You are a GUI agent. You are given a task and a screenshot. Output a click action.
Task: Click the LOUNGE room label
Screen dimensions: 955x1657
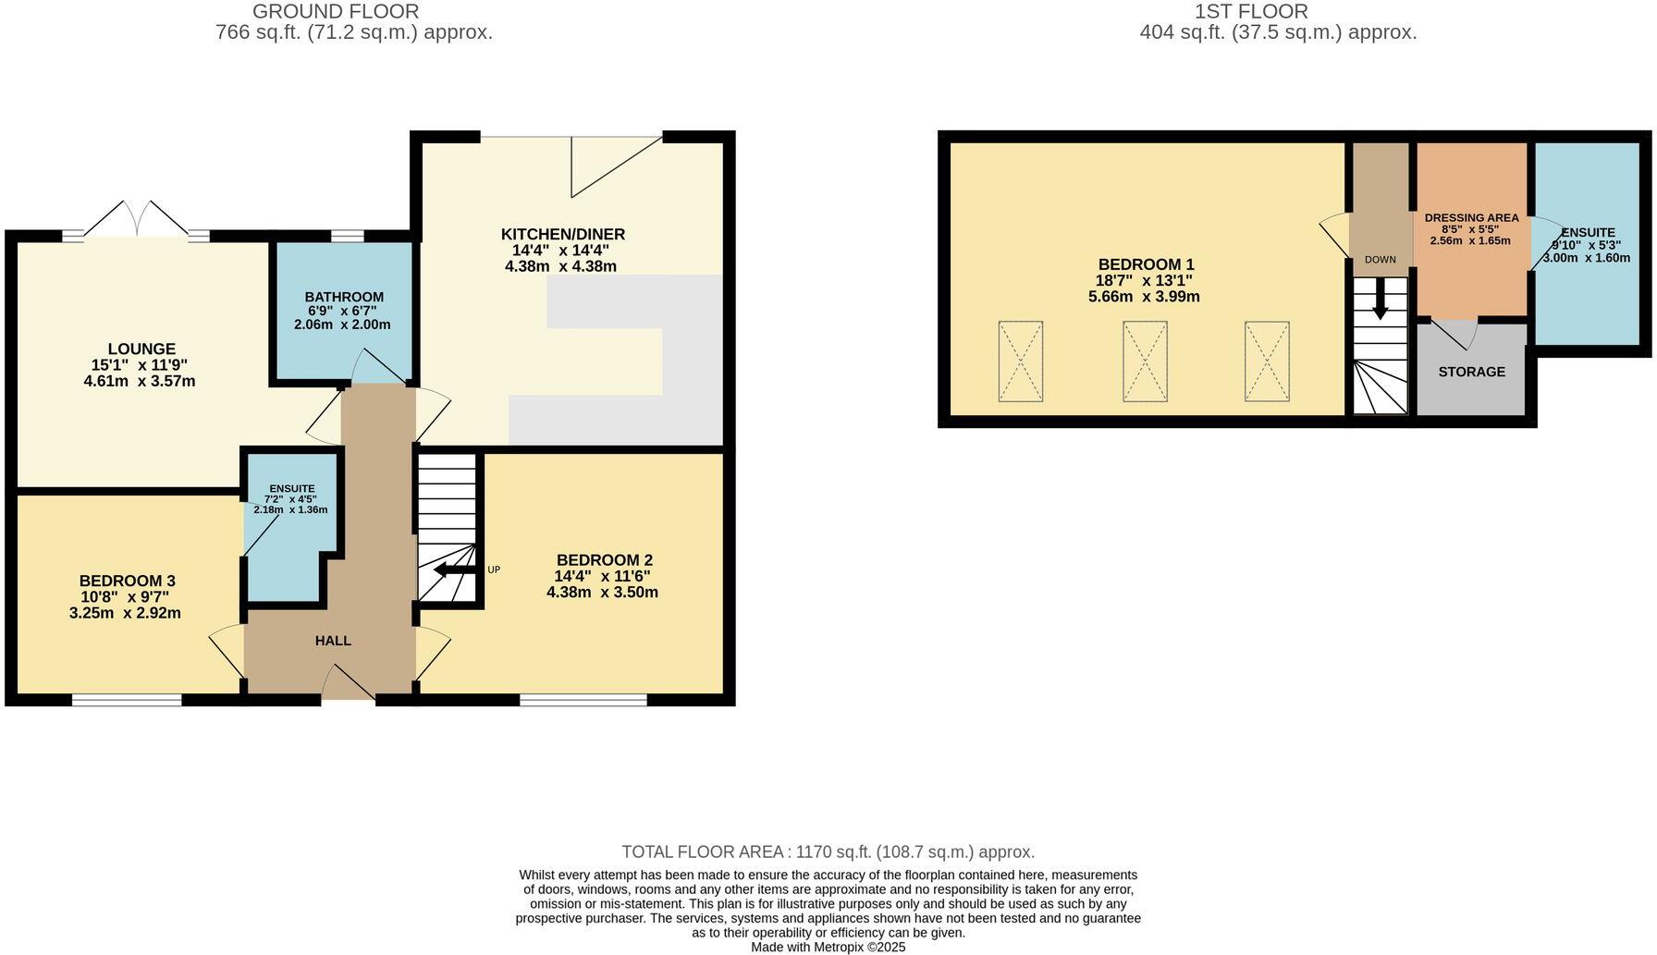pyautogui.click(x=141, y=349)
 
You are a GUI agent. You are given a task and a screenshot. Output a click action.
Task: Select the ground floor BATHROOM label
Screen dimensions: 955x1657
pyautogui.click(x=344, y=297)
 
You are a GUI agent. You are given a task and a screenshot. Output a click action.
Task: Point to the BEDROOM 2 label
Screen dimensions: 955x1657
pyautogui.click(x=604, y=560)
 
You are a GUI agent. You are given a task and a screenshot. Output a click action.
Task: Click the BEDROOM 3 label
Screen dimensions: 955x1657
pyautogui.click(x=127, y=581)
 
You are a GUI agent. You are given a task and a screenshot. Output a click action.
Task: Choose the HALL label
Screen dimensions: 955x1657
pyautogui.click(x=333, y=641)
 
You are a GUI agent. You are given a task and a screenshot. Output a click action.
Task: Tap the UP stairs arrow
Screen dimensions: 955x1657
pyautogui.click(x=453, y=569)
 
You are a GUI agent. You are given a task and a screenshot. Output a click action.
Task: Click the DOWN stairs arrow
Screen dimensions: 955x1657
pyautogui.click(x=1380, y=300)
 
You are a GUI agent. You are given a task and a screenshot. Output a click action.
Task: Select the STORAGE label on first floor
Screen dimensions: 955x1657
pyautogui.click(x=1471, y=372)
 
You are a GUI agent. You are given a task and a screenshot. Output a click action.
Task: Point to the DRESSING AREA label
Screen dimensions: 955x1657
pyautogui.click(x=1471, y=218)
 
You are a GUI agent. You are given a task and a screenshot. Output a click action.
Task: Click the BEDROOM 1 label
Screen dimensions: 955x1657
pyautogui.click(x=1146, y=264)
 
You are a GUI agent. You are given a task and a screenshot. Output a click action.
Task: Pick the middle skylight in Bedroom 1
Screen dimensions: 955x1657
pyautogui.click(x=1145, y=361)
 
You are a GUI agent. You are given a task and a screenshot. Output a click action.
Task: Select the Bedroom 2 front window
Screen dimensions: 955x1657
pyautogui.click(x=583, y=700)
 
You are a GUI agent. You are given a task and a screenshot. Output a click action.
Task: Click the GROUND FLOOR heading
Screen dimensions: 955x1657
pyautogui.click(x=336, y=12)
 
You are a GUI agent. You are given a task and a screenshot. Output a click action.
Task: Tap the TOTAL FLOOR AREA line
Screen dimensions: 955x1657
pyautogui.click(x=828, y=852)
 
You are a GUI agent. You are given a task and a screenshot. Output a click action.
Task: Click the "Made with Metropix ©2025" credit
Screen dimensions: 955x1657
pyautogui.click(x=828, y=947)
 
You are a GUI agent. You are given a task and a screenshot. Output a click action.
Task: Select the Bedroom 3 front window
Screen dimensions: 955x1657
pyautogui.click(x=127, y=700)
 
